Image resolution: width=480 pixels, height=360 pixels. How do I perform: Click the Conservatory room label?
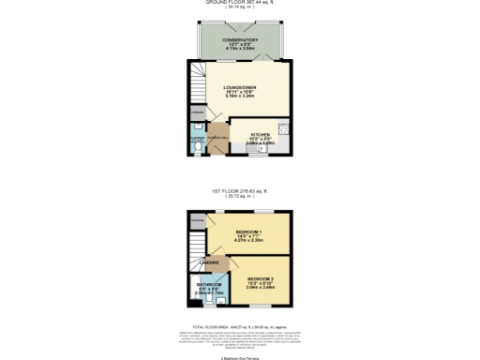click(x=241, y=40)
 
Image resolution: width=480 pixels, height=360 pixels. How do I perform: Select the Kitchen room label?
click(x=260, y=135)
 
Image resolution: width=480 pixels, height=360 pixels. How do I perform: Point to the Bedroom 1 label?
click(x=248, y=231)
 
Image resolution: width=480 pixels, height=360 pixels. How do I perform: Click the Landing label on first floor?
click(x=212, y=262)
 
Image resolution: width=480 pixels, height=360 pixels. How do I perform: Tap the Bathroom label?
click(x=208, y=284)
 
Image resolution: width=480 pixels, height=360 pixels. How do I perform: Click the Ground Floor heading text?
click(x=240, y=3)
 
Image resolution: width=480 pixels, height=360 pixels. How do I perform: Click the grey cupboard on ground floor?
click(x=197, y=114)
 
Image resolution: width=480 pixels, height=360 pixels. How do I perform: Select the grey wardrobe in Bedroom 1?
click(x=197, y=220)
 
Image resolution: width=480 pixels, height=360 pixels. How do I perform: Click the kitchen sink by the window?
click(x=252, y=149)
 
